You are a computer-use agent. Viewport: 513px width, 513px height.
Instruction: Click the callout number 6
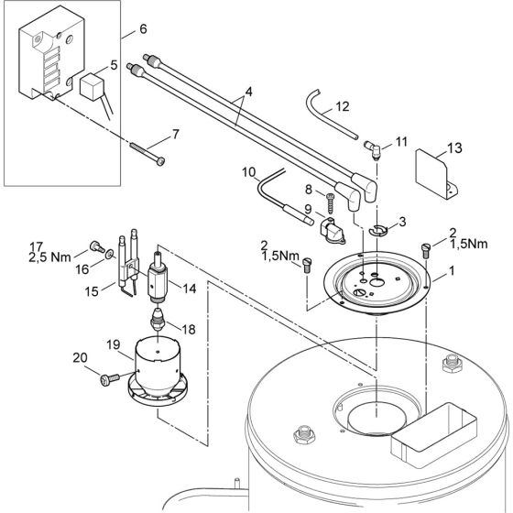(142, 29)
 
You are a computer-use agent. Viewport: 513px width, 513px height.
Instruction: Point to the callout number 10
(249, 171)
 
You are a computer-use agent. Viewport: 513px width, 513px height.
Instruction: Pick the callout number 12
(341, 107)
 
